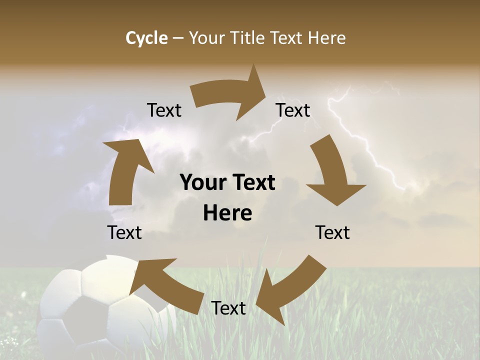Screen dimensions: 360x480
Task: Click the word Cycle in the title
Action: pos(146,38)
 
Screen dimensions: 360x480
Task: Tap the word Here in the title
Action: pos(327,38)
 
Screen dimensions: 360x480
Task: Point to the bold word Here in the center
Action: pos(227,213)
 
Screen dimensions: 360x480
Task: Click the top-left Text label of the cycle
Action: pos(164,110)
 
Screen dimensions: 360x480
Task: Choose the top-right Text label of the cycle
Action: pos(293,110)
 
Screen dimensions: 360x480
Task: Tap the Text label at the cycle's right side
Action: pos(332,232)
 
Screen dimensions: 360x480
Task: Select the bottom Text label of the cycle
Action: pos(228,308)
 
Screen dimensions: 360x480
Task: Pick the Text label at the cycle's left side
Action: pos(124,232)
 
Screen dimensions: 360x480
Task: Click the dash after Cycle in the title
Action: pos(178,38)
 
